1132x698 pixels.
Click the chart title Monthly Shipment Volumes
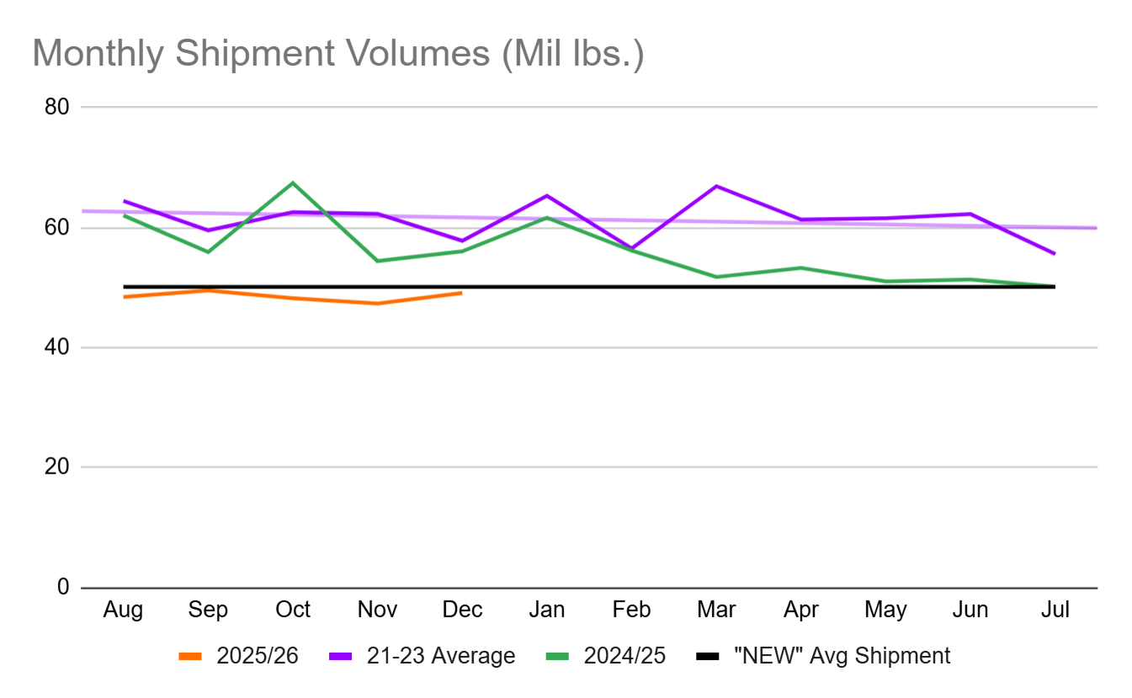point(337,54)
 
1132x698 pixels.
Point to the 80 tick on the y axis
point(56,107)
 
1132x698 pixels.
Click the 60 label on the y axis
point(56,228)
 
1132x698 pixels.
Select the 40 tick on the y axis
point(56,347)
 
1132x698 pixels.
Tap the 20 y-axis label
point(56,468)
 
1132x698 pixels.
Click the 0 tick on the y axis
point(62,587)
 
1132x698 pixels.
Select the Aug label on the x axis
point(124,610)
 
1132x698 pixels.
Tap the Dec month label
point(461,610)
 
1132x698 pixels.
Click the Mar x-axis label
point(716,610)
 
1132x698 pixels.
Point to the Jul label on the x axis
point(1055,610)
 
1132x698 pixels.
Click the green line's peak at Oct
point(293,182)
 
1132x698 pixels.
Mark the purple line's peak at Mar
point(716,186)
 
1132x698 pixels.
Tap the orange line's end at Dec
point(461,293)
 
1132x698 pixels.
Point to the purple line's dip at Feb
point(631,249)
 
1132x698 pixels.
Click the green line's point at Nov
point(377,261)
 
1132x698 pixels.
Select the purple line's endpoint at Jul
point(1055,254)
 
